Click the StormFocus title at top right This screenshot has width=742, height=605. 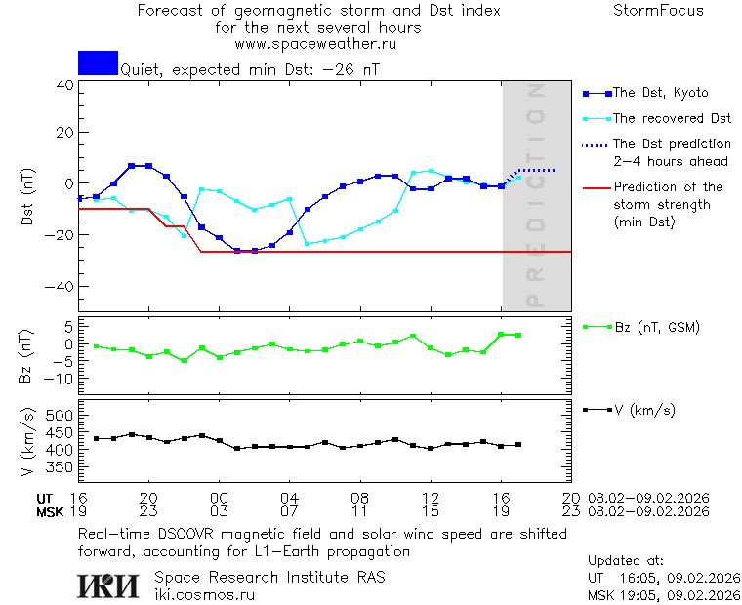658,11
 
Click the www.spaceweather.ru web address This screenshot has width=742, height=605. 314,44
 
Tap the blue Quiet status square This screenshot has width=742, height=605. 98,62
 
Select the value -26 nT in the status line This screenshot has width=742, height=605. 358,70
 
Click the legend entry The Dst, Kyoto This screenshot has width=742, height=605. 659,93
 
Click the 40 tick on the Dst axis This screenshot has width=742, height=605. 65,85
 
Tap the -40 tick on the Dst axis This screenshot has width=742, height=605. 62,287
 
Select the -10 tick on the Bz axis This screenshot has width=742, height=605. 61,378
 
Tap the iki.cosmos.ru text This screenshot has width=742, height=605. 205,594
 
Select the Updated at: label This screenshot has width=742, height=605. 626,561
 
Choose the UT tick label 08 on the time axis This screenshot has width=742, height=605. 359,497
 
